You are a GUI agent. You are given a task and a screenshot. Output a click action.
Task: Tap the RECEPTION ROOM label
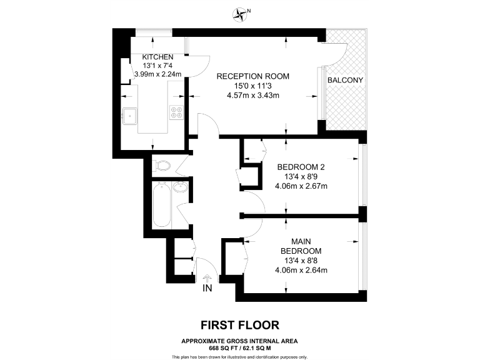[x=253, y=76]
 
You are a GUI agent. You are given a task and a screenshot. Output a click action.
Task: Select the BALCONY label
[x=345, y=81]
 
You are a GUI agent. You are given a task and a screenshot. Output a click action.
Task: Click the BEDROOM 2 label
[x=301, y=167]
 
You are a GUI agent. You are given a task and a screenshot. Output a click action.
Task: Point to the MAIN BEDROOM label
[x=301, y=246]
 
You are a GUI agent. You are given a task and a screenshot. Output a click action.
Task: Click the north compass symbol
[x=241, y=13]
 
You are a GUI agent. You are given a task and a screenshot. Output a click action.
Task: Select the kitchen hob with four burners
[x=176, y=112]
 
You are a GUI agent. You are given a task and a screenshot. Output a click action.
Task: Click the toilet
[x=161, y=166]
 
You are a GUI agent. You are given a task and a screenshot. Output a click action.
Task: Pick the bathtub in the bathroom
[x=161, y=204]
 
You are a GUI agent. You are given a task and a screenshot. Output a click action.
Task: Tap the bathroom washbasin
[x=181, y=187]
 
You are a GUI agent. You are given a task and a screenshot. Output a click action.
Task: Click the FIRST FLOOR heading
[x=239, y=325]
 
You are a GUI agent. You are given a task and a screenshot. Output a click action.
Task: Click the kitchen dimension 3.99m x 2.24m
[x=157, y=74]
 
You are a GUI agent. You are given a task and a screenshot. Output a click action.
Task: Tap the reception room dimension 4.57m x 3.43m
[x=253, y=95]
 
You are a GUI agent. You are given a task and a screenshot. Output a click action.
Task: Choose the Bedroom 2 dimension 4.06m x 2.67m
[x=301, y=186]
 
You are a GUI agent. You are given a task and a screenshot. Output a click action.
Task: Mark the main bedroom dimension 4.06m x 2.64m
[x=301, y=270]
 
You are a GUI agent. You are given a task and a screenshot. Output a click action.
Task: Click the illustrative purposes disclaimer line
[x=239, y=356]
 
